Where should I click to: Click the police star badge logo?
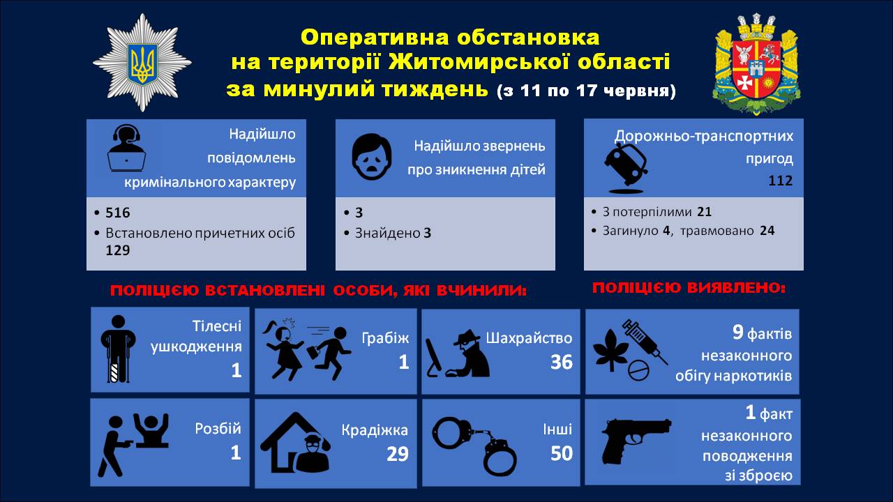[142, 63]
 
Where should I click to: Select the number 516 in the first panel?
[118, 213]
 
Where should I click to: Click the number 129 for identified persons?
[118, 250]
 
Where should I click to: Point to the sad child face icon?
[372, 157]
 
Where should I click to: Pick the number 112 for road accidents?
[781, 181]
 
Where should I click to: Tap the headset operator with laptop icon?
[126, 149]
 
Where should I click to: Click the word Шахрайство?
[529, 338]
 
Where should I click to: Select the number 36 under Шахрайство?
[562, 362]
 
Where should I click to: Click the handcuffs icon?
[474, 446]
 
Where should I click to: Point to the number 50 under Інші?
[562, 453]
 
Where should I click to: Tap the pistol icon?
[636, 441]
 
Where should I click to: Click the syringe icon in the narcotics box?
[645, 342]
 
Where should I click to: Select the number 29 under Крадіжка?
[398, 454]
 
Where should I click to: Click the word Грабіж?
[385, 338]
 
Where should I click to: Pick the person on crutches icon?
[118, 349]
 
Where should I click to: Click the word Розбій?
[218, 429]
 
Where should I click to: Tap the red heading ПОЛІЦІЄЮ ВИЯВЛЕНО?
[689, 288]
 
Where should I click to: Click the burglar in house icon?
[295, 443]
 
